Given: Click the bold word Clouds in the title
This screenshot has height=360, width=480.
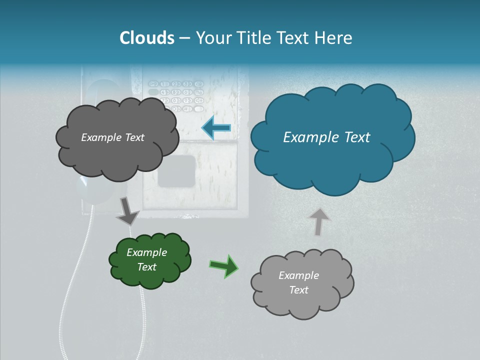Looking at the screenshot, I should [x=146, y=38].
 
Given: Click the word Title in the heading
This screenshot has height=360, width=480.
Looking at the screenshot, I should [x=250, y=38].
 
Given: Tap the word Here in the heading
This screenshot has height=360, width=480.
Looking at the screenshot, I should [x=334, y=38].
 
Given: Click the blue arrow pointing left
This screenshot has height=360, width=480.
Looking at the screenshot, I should [x=216, y=128].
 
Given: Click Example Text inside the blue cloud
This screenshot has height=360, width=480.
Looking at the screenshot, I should [x=326, y=137].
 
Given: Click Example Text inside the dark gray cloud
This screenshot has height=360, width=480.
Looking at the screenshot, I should [x=112, y=137].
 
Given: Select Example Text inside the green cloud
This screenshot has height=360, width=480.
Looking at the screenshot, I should [x=146, y=259].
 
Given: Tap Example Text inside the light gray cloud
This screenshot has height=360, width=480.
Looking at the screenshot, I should [x=298, y=282].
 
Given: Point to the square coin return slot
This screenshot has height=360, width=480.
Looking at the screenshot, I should [x=176, y=170].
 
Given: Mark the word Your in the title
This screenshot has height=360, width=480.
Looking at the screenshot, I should [x=211, y=38].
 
